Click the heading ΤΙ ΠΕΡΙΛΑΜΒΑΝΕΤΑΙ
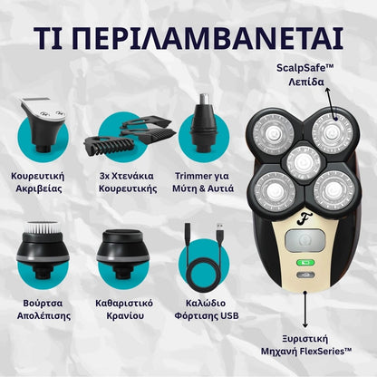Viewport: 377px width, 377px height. (x=188, y=39)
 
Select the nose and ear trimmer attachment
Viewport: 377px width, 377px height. (x=203, y=123)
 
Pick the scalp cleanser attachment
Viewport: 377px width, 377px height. (x=122, y=254)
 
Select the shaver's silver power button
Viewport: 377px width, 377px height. (x=305, y=241)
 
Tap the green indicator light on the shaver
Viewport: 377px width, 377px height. (x=305, y=263)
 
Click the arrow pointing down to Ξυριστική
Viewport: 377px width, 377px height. (x=305, y=310)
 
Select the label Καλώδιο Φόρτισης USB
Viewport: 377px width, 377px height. (x=207, y=309)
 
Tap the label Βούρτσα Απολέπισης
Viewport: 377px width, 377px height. (x=43, y=309)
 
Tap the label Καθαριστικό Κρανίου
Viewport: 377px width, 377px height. (x=124, y=309)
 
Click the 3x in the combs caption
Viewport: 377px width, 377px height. (x=104, y=176)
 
